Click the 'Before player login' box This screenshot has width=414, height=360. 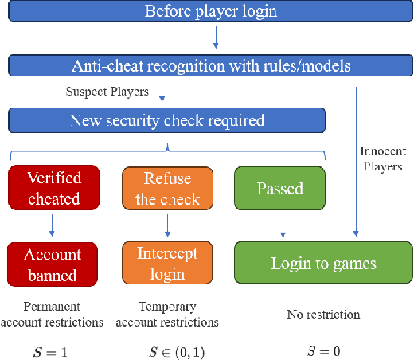tap(211, 11)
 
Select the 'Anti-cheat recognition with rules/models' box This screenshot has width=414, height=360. tap(211, 65)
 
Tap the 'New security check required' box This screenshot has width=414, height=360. tap(166, 120)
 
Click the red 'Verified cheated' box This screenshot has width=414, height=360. tap(54, 188)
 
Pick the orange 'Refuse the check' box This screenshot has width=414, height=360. tap(167, 188)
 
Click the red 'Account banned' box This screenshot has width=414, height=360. tap(54, 264)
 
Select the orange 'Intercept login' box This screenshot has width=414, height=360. tap(167, 264)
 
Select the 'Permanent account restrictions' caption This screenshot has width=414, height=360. tap(53, 315)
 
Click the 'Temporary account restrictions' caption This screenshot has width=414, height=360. tap(167, 315)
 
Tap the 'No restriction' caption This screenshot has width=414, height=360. tap(323, 315)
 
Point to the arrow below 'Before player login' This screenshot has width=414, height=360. tap(214, 37)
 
